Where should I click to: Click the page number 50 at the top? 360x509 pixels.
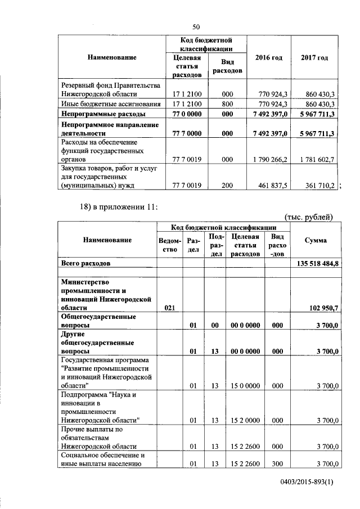(196, 26)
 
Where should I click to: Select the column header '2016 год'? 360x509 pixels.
(268, 58)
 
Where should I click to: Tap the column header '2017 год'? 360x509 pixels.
(314, 58)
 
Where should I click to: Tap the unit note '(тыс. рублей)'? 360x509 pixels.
(310, 217)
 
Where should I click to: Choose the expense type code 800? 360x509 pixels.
(227, 104)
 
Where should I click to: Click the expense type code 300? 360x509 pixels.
(276, 463)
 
